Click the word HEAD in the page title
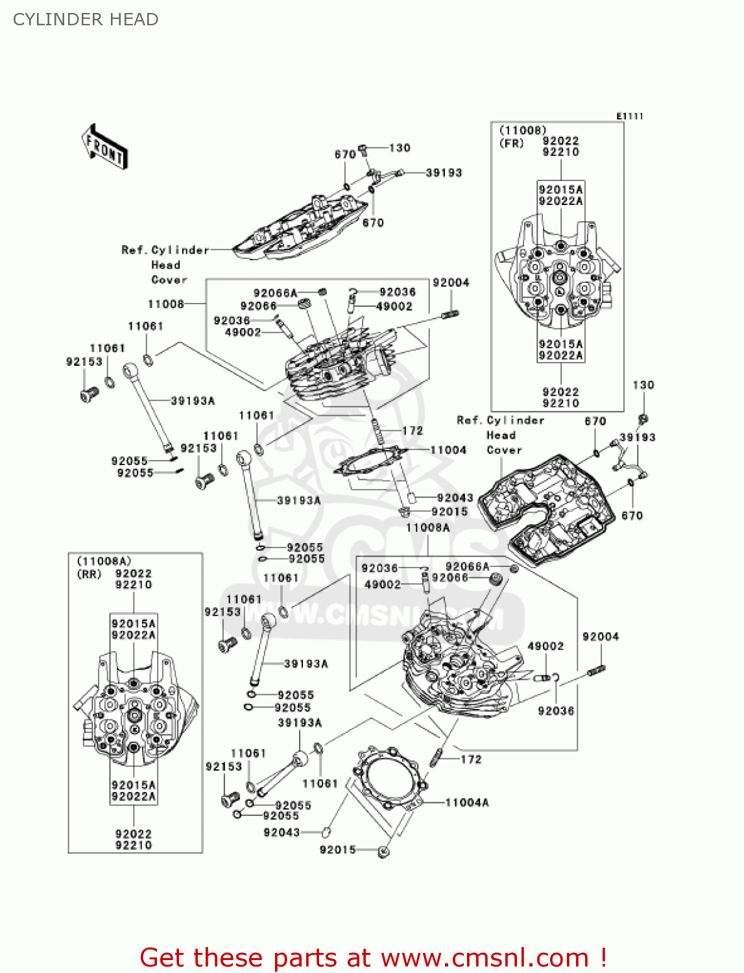[x=134, y=19]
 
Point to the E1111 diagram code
[x=629, y=116]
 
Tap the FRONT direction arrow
[x=104, y=147]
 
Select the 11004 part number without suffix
[x=448, y=450]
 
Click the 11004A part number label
[x=466, y=802]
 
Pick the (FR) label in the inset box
[x=511, y=143]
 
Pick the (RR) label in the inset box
[x=90, y=574]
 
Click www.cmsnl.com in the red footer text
[x=485, y=957]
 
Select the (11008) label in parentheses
[x=522, y=130]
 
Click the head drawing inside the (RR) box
[x=134, y=714]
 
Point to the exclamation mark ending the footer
[x=603, y=957]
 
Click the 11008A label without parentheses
[x=427, y=527]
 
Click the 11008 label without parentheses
[x=165, y=304]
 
